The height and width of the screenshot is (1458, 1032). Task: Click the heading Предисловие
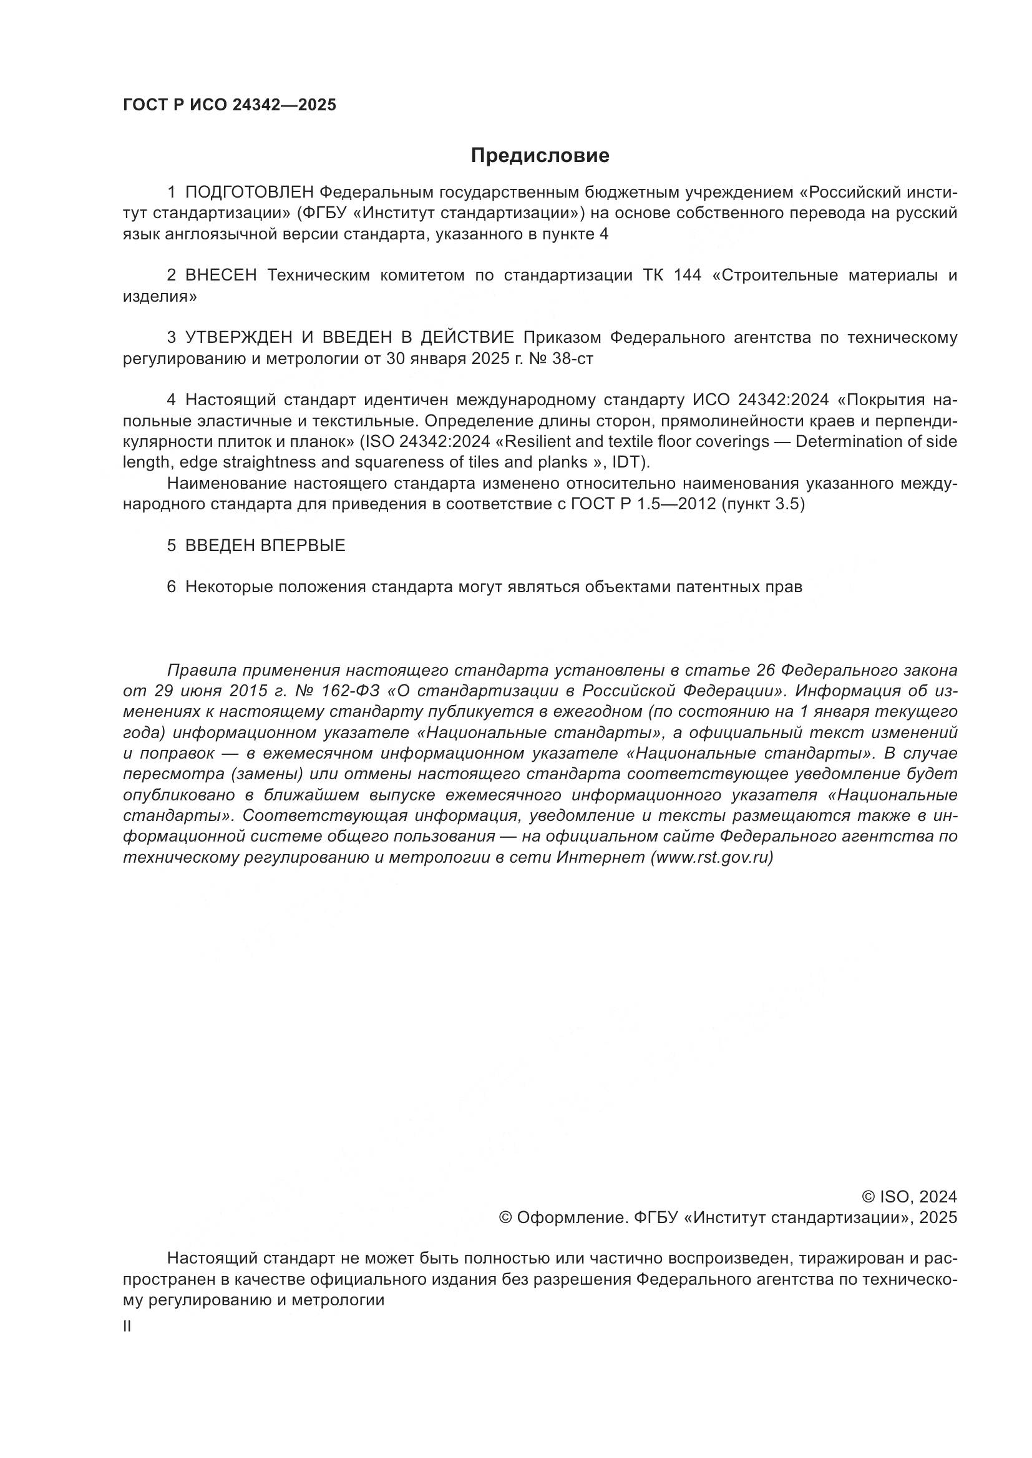pos(540,156)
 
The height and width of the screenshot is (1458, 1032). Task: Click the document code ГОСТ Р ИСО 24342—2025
pos(229,105)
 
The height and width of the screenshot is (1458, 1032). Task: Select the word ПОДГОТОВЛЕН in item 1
pos(250,193)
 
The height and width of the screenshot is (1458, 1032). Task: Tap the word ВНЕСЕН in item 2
pos(221,275)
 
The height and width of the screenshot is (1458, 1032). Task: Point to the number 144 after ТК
pos(688,275)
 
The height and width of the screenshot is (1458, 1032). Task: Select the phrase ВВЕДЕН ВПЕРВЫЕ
pos(265,545)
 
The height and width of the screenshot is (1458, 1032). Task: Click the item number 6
pos(171,587)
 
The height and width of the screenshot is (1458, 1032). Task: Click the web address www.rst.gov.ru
pos(712,858)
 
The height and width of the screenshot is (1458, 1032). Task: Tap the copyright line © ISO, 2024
pos(908,1197)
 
